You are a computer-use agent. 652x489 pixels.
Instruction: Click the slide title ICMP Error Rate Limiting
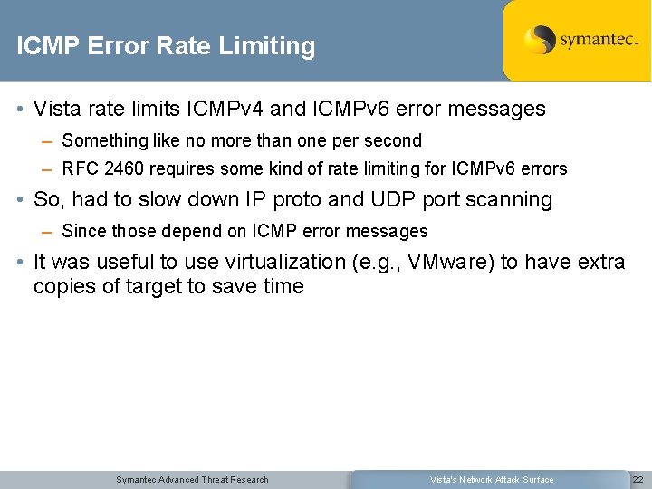[166, 46]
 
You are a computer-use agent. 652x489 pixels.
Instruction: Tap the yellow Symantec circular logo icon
[540, 40]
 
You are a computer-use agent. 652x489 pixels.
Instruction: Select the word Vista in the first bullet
[56, 110]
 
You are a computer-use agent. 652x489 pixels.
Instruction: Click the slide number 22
[638, 480]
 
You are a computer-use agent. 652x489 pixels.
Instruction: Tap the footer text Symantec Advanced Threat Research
[192, 480]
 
